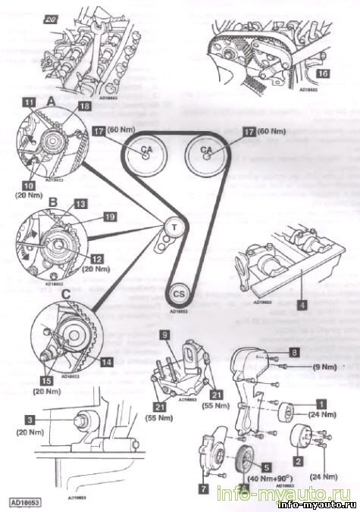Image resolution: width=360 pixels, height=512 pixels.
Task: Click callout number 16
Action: tap(323, 73)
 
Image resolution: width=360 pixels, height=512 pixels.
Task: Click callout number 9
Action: tap(162, 334)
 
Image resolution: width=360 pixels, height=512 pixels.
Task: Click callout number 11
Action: tap(28, 101)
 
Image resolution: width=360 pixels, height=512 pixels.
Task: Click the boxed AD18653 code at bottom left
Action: tap(25, 501)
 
